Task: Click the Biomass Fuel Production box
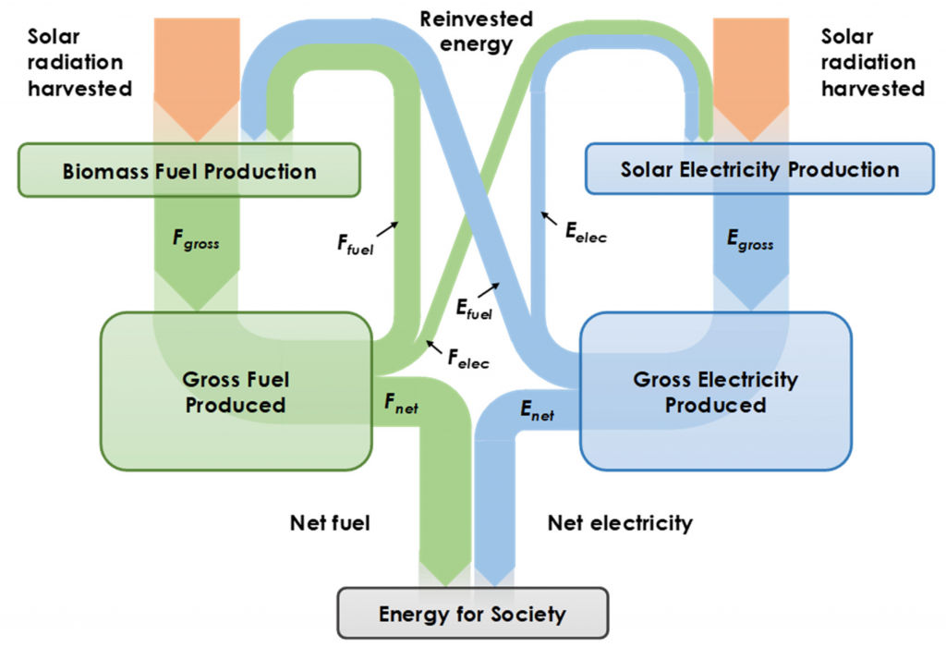pyautogui.click(x=188, y=171)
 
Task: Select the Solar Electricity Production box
pyautogui.click(x=759, y=169)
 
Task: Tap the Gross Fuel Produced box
pyautogui.click(x=235, y=391)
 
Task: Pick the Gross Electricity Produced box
pyautogui.click(x=715, y=392)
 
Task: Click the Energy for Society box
pyautogui.click(x=472, y=614)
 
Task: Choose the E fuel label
pyautogui.click(x=472, y=309)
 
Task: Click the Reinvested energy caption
pyautogui.click(x=477, y=31)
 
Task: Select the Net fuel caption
pyautogui.click(x=330, y=523)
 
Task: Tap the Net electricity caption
pyautogui.click(x=620, y=523)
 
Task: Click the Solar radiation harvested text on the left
pyautogui.click(x=79, y=63)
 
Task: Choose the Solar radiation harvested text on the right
pyautogui.click(x=872, y=63)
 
